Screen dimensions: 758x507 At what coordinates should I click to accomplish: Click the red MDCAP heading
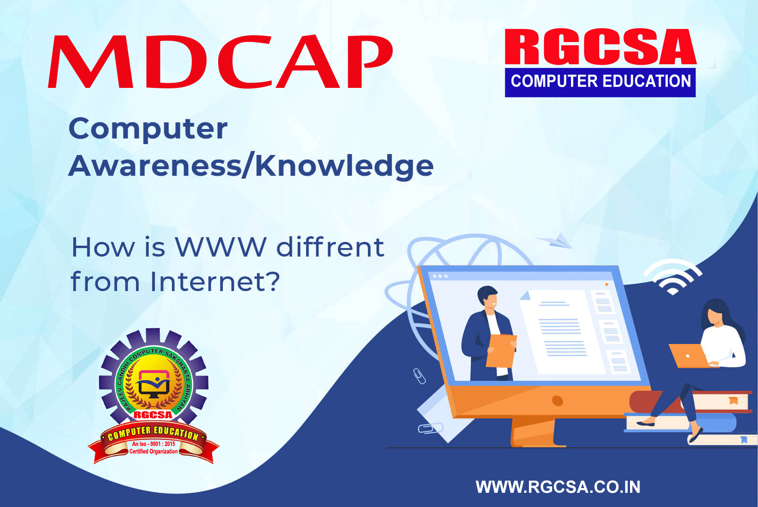click(220, 61)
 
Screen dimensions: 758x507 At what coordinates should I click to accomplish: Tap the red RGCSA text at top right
click(600, 47)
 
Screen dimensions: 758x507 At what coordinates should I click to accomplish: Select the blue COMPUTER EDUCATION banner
click(600, 82)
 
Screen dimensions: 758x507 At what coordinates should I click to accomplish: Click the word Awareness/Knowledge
click(251, 166)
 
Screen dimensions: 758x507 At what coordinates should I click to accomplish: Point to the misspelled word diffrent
click(330, 247)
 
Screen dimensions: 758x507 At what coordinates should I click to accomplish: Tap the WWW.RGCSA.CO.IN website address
click(558, 487)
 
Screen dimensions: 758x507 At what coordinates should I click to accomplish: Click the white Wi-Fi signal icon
click(673, 276)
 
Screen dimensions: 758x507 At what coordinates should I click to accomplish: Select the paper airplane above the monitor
click(555, 241)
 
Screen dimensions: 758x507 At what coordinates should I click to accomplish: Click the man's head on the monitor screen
click(488, 296)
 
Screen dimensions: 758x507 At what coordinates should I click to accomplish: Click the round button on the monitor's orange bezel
click(557, 401)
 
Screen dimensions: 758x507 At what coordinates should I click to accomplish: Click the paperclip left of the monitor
click(419, 376)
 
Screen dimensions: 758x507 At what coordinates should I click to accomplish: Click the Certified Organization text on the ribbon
click(153, 452)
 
